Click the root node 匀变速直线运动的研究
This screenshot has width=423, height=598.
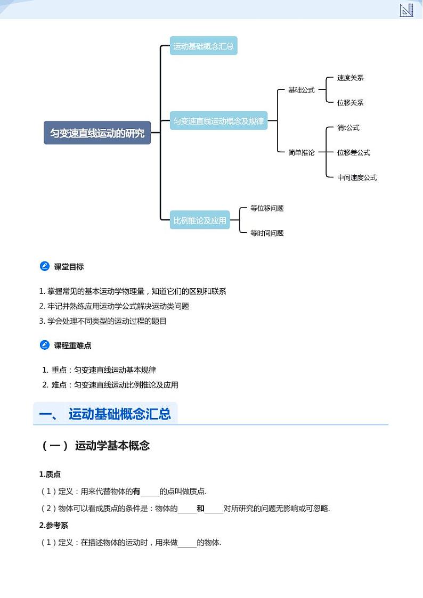[x=97, y=133]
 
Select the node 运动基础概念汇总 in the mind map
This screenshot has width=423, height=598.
[x=203, y=46]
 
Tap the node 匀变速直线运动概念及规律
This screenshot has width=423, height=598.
[x=218, y=121]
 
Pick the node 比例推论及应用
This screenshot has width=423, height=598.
[x=200, y=220]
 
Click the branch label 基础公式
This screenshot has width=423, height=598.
[x=302, y=90]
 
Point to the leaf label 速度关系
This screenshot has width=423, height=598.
[x=350, y=78]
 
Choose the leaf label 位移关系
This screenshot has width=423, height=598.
[x=350, y=102]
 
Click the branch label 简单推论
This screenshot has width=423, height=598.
[x=302, y=152]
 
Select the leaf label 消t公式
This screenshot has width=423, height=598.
[x=348, y=128]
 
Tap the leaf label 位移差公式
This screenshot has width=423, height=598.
[x=353, y=152]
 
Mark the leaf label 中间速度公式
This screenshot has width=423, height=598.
[x=356, y=177]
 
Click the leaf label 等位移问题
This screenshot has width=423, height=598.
[x=267, y=208]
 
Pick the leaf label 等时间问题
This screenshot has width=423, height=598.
[x=267, y=233]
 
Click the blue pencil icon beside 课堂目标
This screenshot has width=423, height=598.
[x=45, y=266]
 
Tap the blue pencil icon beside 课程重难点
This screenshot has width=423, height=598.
[x=45, y=345]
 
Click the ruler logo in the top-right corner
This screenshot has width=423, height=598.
[x=406, y=10]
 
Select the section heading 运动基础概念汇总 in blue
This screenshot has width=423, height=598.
[x=119, y=414]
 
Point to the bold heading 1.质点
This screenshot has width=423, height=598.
[x=50, y=474]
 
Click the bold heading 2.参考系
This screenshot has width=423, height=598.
[x=53, y=525]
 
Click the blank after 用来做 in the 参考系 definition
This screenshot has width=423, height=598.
[x=187, y=543]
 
